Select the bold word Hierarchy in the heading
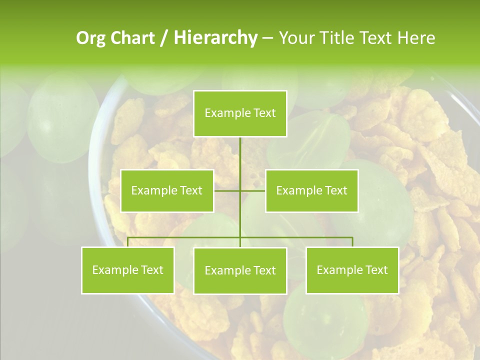pos(215,38)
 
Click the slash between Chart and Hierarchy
pos(164,38)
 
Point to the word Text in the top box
pos(264,113)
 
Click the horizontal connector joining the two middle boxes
pos(252,190)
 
